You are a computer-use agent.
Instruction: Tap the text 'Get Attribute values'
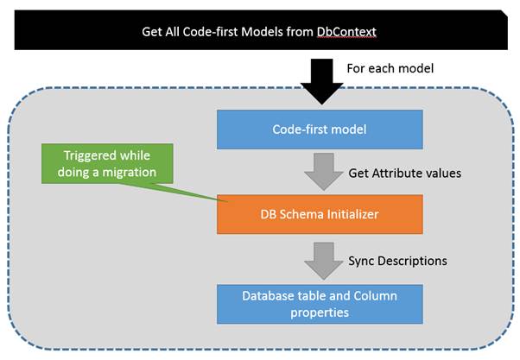(403, 173)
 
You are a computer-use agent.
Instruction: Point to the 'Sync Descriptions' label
(398, 259)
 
